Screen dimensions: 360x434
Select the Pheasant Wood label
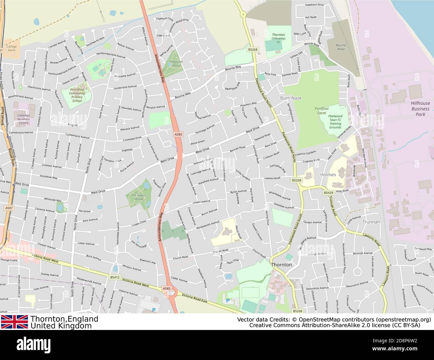(x=176, y=64)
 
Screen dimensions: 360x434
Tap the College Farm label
(x=11, y=48)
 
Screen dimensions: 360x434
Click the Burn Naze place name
(x=290, y=98)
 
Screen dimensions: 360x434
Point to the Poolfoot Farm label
(x=321, y=111)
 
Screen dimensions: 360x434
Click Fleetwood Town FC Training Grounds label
(x=335, y=122)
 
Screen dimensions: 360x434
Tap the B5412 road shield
(x=114, y=277)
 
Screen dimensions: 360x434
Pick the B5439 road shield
(x=328, y=193)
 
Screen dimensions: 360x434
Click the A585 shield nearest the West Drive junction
(x=178, y=134)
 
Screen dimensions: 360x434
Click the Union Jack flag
(x=14, y=322)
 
